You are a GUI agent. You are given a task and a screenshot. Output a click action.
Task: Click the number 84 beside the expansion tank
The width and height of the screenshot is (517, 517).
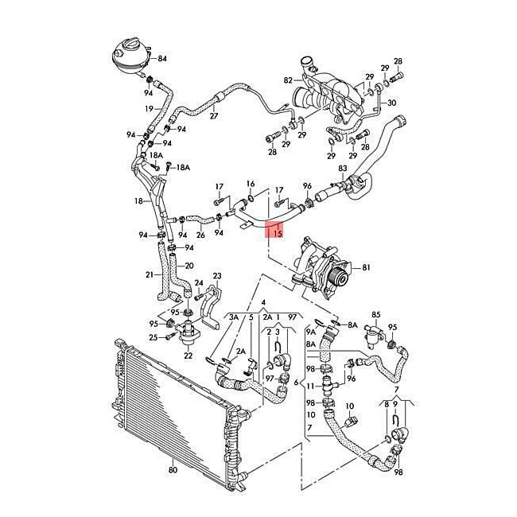[x=162, y=59]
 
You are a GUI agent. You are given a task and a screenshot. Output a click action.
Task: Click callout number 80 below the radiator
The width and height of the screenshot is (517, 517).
[x=173, y=471]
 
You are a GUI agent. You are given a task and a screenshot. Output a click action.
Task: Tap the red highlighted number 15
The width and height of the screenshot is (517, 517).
[x=277, y=234]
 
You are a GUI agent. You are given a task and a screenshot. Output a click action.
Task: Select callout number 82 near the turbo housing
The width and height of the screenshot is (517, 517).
[x=287, y=80]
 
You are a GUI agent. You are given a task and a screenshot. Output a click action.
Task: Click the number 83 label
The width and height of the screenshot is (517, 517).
[x=343, y=169]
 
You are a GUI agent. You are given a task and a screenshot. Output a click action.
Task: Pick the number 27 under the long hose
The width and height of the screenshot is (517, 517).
[x=213, y=116]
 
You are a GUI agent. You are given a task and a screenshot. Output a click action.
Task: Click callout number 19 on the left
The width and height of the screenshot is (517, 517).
[x=149, y=108]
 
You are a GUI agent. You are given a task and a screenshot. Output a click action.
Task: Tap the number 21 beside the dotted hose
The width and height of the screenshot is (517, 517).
[x=149, y=275]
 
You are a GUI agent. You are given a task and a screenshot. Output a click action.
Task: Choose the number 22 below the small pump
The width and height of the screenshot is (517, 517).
[x=189, y=355]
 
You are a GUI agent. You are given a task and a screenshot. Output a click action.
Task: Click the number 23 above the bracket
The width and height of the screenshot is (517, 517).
[x=217, y=275]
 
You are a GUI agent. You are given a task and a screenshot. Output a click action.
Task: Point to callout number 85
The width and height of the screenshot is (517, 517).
[x=376, y=315]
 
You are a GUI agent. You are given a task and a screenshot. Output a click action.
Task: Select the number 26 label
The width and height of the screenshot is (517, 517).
[x=200, y=235]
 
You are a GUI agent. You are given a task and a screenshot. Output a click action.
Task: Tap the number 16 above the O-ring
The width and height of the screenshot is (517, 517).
[x=251, y=183]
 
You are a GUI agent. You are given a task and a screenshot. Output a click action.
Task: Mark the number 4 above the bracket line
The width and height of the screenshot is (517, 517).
[x=263, y=302]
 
